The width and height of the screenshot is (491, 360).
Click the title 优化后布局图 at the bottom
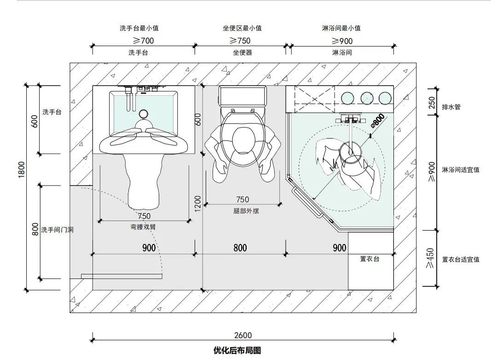click(x=237, y=350)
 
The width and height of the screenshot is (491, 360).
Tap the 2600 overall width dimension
click(x=243, y=336)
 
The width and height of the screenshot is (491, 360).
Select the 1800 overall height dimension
click(x=22, y=170)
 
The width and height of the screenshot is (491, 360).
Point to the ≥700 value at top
click(x=143, y=41)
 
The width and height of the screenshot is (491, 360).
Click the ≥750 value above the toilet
click(x=240, y=41)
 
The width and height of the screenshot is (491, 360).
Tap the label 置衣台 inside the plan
click(x=370, y=259)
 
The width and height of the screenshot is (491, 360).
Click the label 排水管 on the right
click(x=451, y=107)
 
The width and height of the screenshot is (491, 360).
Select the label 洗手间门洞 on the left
click(x=57, y=229)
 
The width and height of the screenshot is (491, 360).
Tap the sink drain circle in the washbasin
click(x=144, y=113)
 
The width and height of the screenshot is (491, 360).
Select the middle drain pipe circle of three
click(x=367, y=98)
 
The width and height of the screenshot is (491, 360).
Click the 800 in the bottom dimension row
click(x=240, y=248)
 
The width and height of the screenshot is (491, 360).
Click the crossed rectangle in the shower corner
click(x=310, y=99)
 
